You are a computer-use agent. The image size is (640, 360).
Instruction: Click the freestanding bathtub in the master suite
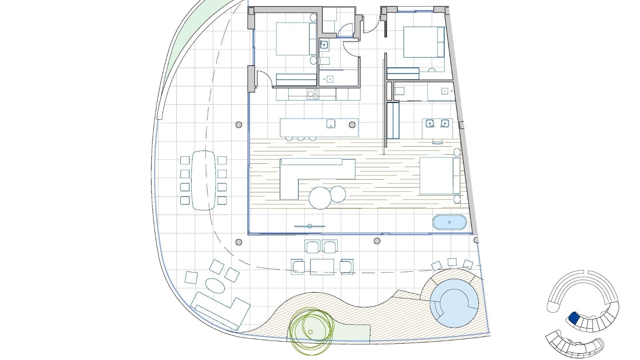pyautogui.click(x=449, y=222)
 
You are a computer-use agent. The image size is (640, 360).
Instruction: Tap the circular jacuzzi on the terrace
pyautogui.click(x=454, y=303)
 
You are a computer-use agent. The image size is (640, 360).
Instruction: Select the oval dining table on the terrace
pyautogui.click(x=203, y=180)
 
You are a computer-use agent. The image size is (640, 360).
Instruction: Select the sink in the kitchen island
pyautogui.click(x=331, y=124)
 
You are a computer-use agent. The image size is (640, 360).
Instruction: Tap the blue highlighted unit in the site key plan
pyautogui.click(x=573, y=318)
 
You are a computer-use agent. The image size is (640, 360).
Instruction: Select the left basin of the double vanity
pyautogui.click(x=430, y=124)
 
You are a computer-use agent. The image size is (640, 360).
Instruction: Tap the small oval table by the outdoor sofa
pyautogui.click(x=215, y=286)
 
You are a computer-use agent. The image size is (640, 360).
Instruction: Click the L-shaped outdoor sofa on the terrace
pyautogui.click(x=220, y=310)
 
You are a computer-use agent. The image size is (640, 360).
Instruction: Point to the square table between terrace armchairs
pyautogui.click(x=322, y=267)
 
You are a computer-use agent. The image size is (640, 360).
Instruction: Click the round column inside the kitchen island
pyautogui.click(x=352, y=125)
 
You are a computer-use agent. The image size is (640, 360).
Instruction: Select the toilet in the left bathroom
pyautogui.click(x=324, y=61)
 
